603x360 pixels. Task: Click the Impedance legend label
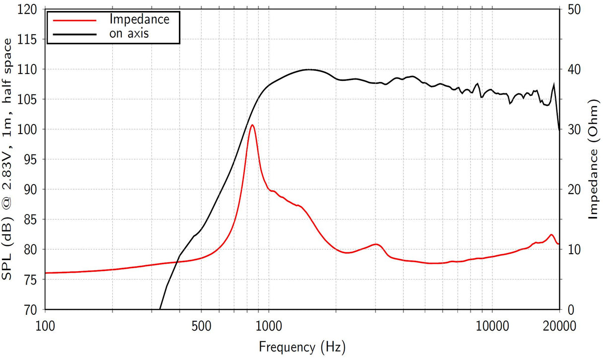tap(140, 19)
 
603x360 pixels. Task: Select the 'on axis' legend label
tap(129, 33)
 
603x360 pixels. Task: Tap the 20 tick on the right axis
tap(574, 189)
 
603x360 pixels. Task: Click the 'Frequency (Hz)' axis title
tap(302, 346)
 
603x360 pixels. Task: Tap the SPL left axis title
tap(11, 159)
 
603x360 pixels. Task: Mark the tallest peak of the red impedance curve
tap(252, 125)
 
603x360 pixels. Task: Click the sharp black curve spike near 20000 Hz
tap(553, 85)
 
